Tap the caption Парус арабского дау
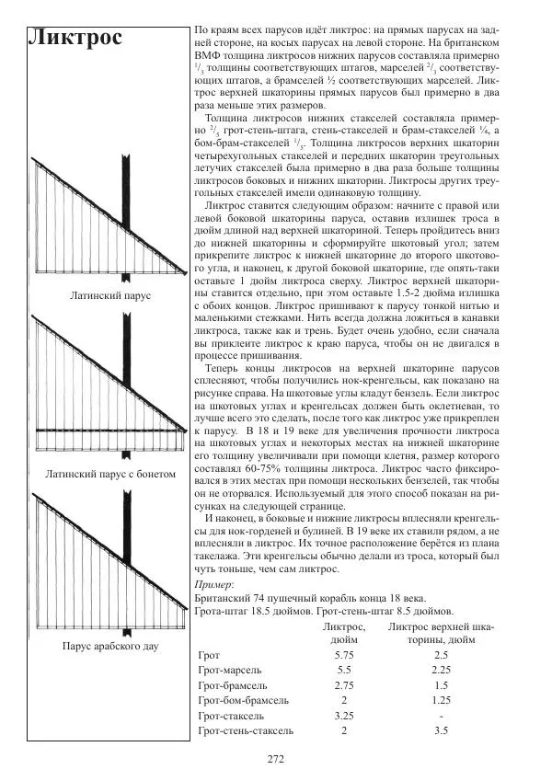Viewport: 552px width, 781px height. (110, 646)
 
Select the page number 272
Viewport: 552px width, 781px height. (275, 759)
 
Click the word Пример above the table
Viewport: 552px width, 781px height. (215, 585)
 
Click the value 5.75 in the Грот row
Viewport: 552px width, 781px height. (345, 655)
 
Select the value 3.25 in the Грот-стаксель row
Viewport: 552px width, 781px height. (345, 716)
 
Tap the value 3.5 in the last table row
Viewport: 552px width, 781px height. (441, 731)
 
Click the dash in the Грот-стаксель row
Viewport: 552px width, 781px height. (442, 716)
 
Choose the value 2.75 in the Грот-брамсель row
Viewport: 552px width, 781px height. (345, 686)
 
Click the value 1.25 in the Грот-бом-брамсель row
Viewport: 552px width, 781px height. (441, 701)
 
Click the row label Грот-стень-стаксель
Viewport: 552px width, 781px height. (246, 731)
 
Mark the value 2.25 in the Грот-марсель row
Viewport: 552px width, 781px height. (441, 671)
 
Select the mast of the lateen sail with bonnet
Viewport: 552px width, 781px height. (125, 386)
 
